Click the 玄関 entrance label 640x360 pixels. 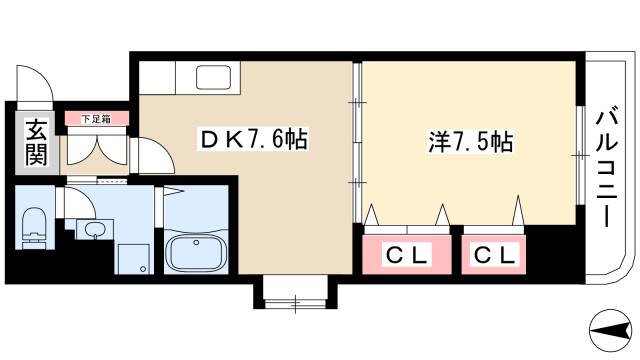pyautogui.click(x=36, y=142)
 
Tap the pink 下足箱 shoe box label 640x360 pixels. pyautogui.click(x=96, y=119)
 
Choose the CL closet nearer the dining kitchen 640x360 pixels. pyautogui.click(x=406, y=256)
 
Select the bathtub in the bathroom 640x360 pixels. pyautogui.click(x=197, y=252)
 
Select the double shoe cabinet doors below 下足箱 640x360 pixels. pyautogui.click(x=96, y=148)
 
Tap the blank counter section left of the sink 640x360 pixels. pyautogui.click(x=158, y=77)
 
